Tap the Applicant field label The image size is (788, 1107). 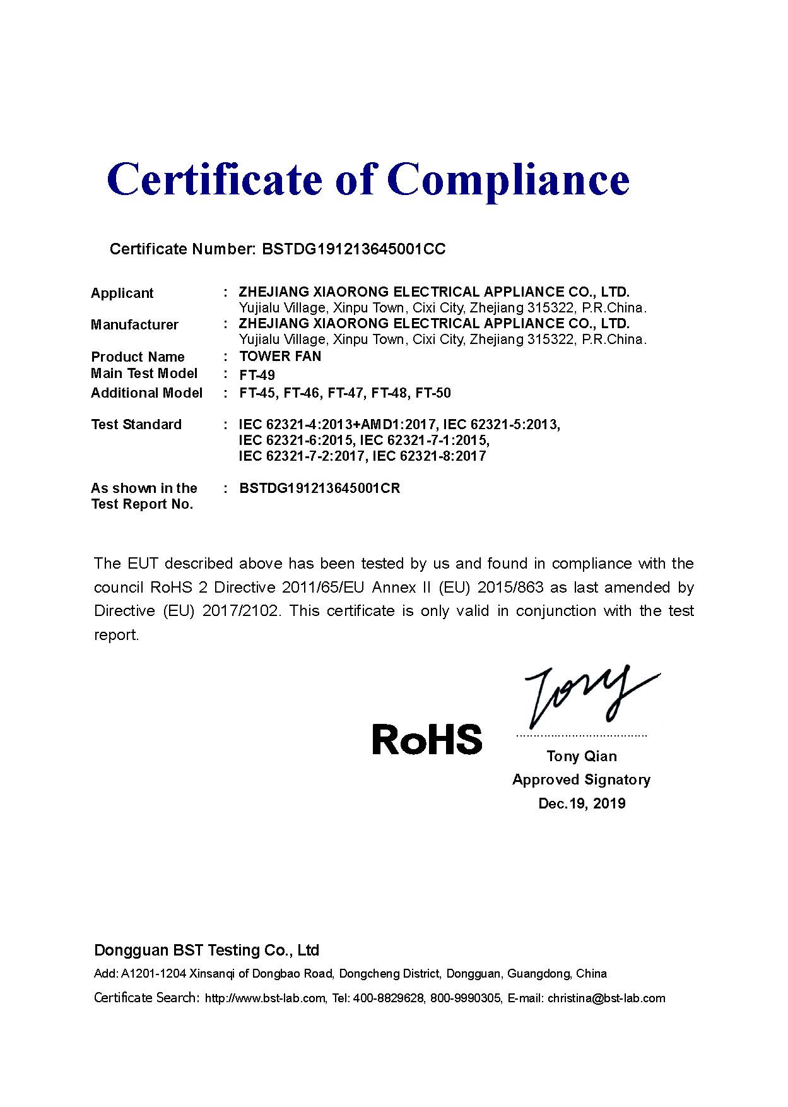point(122,293)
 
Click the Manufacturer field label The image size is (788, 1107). point(134,325)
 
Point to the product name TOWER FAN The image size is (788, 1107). point(280,357)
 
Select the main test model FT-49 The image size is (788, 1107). point(257,375)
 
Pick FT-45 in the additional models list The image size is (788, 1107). point(257,393)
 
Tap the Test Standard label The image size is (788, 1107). point(136,425)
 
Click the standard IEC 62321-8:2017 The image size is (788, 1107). point(429,456)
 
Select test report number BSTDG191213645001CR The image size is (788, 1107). point(320,488)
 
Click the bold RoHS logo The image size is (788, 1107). point(427,739)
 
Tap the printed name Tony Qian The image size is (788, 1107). point(582,756)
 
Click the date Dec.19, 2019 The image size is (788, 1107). point(582,803)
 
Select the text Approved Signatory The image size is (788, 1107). point(581,780)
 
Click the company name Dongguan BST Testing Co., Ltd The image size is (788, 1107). point(206,950)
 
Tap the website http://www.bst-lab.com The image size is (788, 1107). point(265,998)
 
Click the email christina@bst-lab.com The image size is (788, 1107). point(606,998)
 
